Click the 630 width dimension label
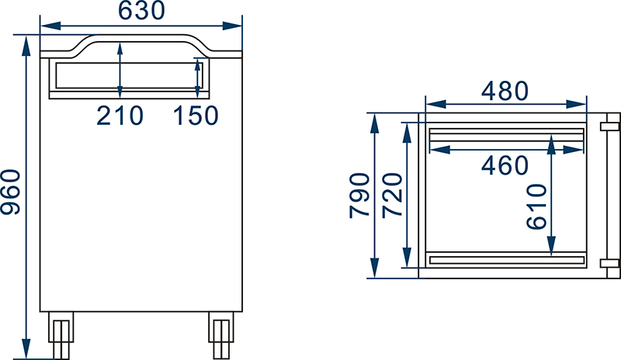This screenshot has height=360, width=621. click(141, 11)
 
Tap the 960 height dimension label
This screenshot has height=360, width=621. click(11, 192)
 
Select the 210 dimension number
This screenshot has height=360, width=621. click(120, 116)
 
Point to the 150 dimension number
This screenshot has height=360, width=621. click(196, 116)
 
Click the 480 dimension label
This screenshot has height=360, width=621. click(505, 91)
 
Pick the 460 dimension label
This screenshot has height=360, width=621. click(505, 165)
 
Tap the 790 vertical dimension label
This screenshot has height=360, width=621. click(359, 196)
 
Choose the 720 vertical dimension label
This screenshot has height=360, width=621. click(393, 195)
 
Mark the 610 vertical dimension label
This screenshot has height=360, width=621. click(536, 206)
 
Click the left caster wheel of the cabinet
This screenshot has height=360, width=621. click(61, 335)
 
